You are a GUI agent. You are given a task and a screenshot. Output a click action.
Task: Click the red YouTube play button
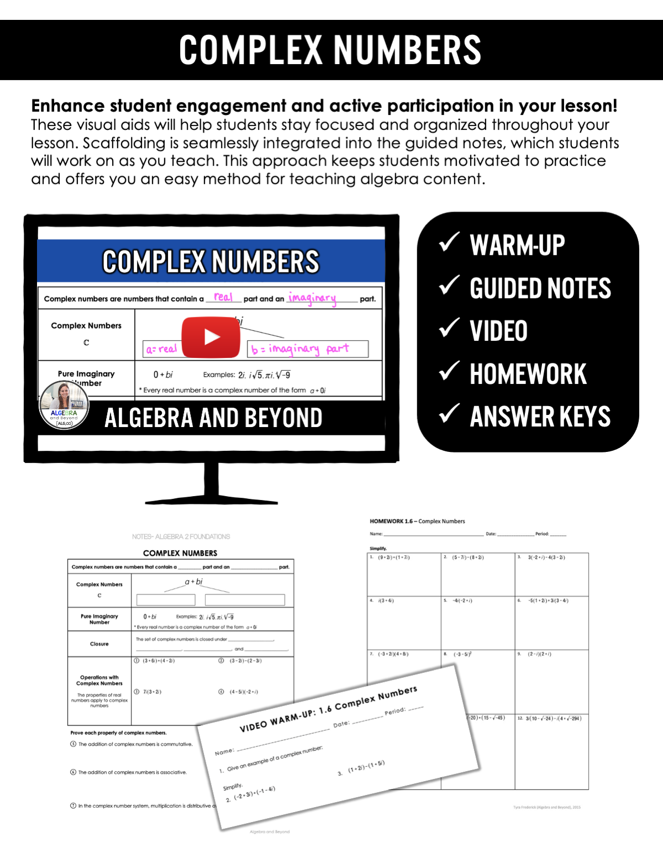[211, 337]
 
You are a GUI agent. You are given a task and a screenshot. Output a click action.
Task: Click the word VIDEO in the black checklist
[498, 331]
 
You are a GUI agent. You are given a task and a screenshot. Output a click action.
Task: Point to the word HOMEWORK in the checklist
[528, 374]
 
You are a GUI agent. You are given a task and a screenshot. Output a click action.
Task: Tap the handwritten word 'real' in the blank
[223, 297]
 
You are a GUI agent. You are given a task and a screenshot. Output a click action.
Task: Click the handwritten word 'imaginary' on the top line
[312, 298]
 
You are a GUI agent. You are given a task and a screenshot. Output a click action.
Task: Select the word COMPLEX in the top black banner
[250, 50]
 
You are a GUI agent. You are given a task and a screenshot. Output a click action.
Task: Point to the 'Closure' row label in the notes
[99, 644]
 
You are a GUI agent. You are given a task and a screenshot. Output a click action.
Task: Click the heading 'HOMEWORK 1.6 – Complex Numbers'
[417, 521]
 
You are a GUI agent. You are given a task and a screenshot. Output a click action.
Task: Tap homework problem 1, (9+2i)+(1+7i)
[393, 557]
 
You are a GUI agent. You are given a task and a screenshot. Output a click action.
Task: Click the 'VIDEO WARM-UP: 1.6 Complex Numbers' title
[328, 709]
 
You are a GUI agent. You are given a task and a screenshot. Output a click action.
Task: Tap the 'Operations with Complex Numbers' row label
[99, 681]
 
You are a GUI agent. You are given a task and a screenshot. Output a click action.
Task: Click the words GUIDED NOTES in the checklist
[540, 288]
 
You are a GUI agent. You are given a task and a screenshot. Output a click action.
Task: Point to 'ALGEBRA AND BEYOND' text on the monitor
[213, 418]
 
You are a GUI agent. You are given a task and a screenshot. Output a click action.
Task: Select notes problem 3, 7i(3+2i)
[152, 692]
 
